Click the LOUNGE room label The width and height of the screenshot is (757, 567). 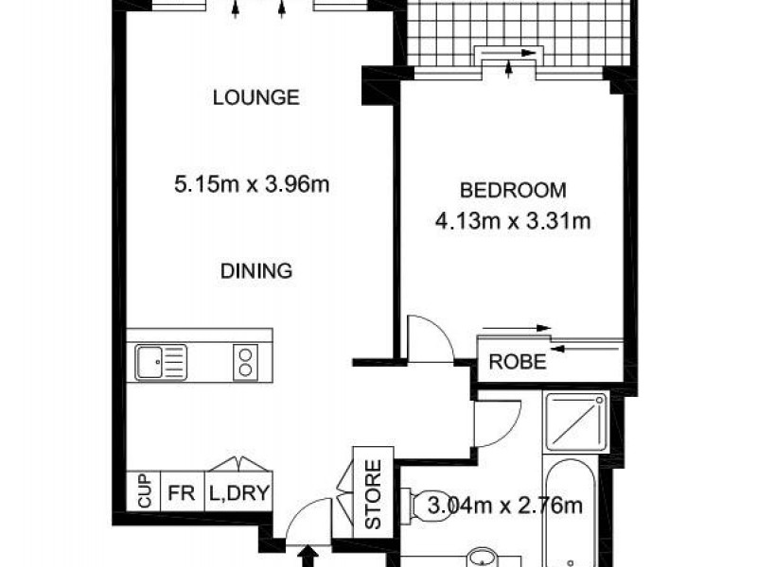(x=255, y=96)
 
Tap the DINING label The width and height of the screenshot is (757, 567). (x=256, y=270)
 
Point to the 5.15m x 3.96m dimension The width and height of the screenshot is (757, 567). (x=252, y=184)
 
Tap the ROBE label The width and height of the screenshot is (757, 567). (x=517, y=363)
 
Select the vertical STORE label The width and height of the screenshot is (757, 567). (x=373, y=493)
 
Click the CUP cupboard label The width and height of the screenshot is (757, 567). (x=144, y=493)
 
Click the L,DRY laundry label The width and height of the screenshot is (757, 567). (x=238, y=493)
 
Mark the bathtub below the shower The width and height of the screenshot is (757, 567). (x=577, y=510)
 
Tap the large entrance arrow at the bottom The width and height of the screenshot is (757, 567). (x=308, y=555)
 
